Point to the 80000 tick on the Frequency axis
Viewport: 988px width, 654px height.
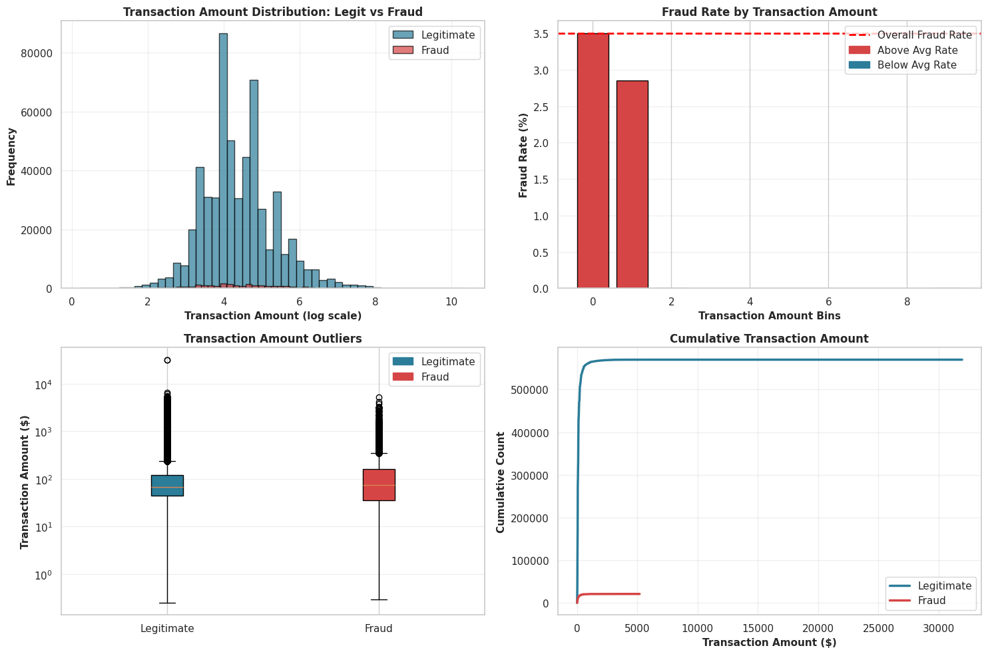[41, 53]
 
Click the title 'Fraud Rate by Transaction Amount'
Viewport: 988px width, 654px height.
[769, 12]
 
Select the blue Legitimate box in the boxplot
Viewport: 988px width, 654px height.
[167, 486]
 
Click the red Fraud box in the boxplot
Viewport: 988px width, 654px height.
[379, 485]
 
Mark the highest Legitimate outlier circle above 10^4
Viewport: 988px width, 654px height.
[167, 360]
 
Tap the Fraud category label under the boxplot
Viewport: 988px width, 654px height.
[379, 628]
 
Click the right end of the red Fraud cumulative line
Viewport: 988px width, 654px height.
[639, 593]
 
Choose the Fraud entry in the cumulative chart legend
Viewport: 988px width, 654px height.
[931, 601]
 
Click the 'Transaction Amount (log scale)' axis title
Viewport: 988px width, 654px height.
[273, 316]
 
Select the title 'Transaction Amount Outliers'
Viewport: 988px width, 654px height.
[273, 339]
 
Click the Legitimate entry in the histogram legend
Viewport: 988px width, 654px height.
[448, 35]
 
